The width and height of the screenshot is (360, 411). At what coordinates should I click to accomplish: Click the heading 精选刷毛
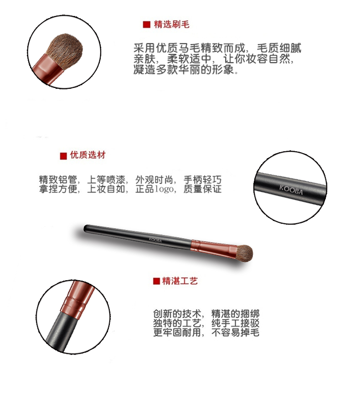coord(171,24)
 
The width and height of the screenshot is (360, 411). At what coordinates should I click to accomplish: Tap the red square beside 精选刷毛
coord(146,25)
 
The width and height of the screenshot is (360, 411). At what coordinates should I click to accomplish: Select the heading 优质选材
coord(87,155)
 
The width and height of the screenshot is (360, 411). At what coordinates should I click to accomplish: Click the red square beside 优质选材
coord(63,156)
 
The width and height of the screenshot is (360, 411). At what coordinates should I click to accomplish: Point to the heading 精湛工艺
coord(180,281)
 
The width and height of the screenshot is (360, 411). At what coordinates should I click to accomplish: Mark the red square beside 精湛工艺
coord(156,281)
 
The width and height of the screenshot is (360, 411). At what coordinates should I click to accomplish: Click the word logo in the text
coord(164,189)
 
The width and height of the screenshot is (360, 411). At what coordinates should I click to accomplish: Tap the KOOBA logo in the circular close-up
coord(291,190)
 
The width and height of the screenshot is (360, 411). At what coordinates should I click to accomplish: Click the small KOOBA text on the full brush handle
coord(155,240)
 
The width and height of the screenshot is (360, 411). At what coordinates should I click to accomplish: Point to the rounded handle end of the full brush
coord(86,228)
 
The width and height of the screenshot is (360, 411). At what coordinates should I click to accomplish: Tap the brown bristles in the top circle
coord(65,50)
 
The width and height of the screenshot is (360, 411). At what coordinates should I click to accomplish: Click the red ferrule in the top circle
coord(48,69)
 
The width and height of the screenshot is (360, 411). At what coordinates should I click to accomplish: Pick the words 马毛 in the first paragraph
coord(184,48)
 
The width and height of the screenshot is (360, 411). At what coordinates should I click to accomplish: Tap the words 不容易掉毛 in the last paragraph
coord(235,332)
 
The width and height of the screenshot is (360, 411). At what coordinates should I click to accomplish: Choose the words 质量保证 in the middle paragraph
coord(202,189)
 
